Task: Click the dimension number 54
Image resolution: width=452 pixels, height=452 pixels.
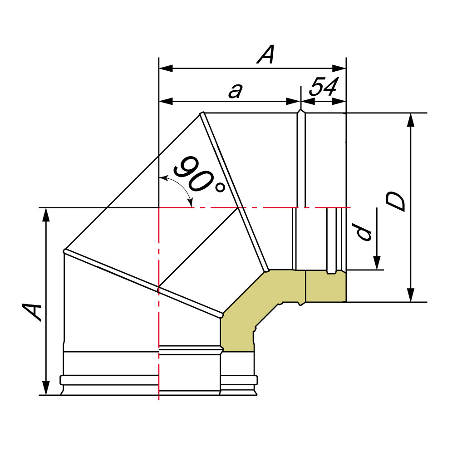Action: [324, 87]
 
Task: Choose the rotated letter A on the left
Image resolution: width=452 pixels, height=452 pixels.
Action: [32, 312]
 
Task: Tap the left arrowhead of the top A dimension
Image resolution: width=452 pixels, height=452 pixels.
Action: [166, 69]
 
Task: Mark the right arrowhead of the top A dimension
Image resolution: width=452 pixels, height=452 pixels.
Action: [339, 69]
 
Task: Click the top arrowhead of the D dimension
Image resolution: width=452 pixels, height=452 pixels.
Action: [411, 120]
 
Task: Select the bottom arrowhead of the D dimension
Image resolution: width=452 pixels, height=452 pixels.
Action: [411, 295]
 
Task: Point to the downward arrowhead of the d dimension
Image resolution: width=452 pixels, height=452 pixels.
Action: [377, 263]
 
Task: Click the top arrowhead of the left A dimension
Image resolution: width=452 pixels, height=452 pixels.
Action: [46, 215]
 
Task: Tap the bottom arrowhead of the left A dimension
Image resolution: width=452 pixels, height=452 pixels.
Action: [46, 388]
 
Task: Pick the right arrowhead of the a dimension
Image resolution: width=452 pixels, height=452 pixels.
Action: [294, 102]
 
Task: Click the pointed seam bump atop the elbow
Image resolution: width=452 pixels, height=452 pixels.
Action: [301, 111]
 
